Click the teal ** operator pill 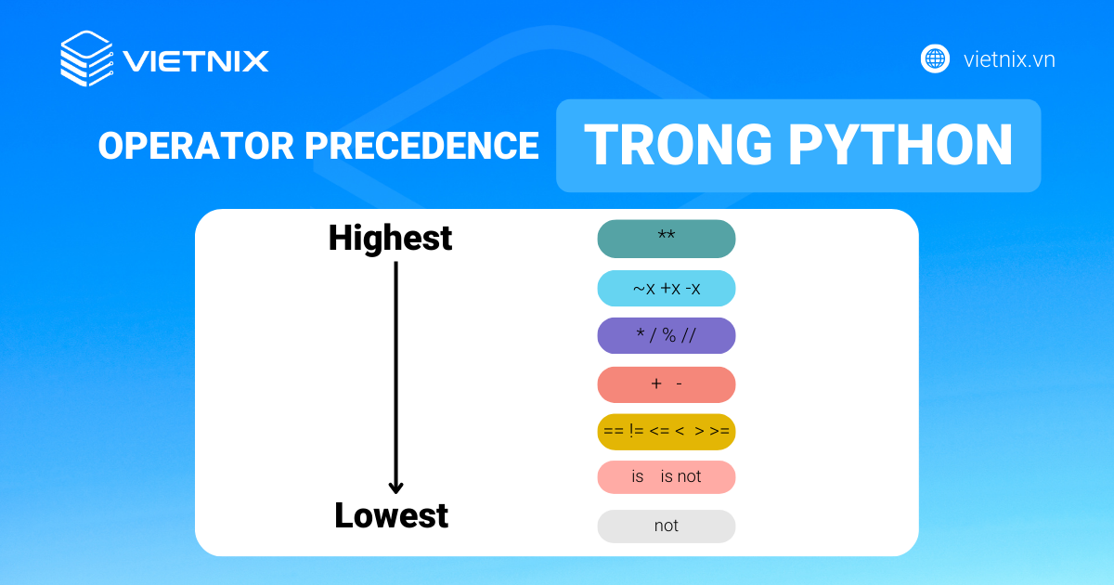point(666,239)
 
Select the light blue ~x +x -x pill point(666,289)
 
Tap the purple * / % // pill point(666,335)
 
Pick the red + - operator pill point(666,384)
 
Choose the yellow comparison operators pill point(666,431)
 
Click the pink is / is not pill point(666,476)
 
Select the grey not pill point(666,526)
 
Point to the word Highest point(390,239)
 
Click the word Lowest point(391,515)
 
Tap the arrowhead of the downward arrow point(395,486)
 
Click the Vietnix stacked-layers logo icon point(86,59)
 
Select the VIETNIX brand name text point(196,61)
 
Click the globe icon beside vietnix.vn point(934,59)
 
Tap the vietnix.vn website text point(1009,59)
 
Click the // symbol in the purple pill point(687,335)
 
